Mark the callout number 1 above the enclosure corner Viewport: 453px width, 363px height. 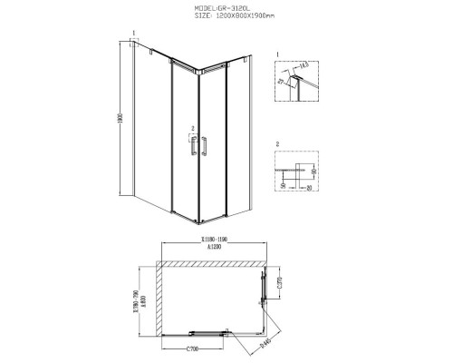(132, 34)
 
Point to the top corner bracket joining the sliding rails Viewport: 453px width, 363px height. (197, 73)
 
